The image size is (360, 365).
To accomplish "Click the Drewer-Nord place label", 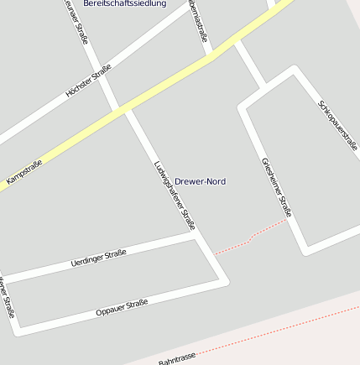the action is pos(200,181).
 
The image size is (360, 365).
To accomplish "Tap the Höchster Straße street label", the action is pos(88,81).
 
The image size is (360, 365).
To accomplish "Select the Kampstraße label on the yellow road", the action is pos(23,172).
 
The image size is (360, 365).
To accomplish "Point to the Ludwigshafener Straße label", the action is pos(175,195).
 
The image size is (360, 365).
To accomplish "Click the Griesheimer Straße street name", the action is pos(276,186).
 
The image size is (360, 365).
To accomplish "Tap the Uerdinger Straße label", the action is pos(98,258).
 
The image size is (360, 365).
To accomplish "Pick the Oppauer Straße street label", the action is pos(122,307).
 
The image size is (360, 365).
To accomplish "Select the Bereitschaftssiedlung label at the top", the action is pos(124,4).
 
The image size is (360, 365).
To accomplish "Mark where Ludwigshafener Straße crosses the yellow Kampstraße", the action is pos(123,109).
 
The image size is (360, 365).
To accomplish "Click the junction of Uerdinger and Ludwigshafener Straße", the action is pos(198,237).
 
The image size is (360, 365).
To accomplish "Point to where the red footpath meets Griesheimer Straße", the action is pos(288,220).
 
